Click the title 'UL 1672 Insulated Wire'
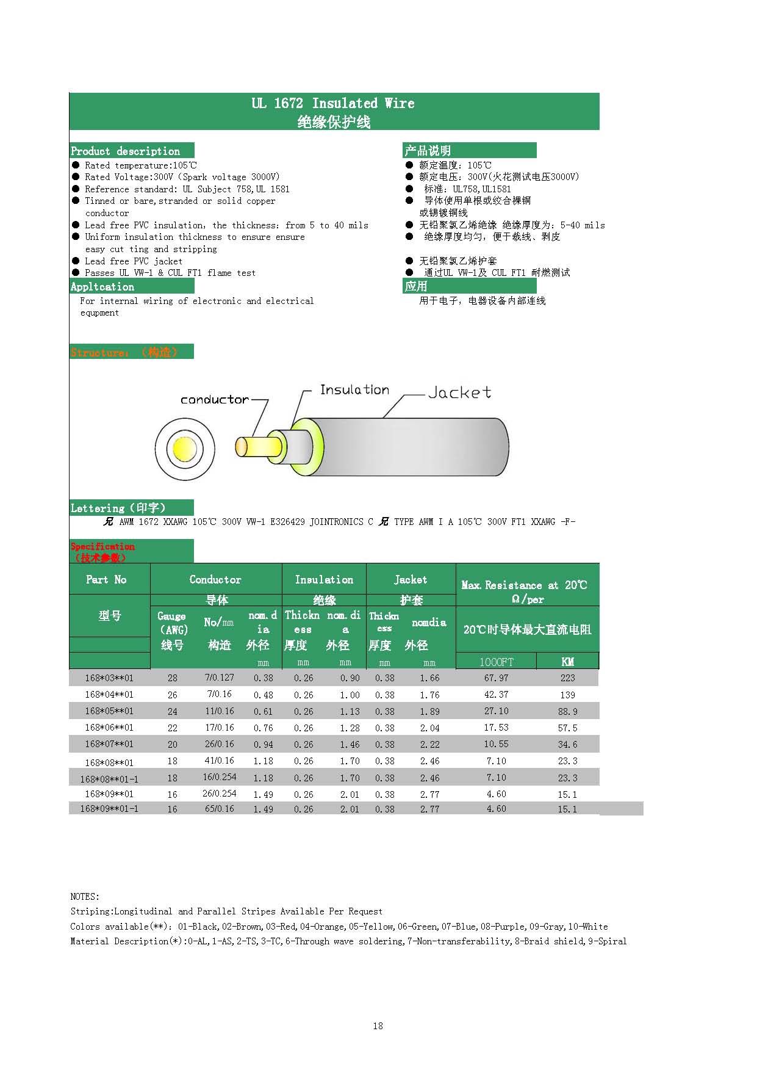333,103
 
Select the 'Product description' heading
126,151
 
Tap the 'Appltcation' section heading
102,286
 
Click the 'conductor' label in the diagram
215,400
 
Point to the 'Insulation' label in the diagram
354,389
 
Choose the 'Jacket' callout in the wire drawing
459,392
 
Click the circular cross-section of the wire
185,449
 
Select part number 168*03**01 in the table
109,678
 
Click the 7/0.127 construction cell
220,678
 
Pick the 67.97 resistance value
496,678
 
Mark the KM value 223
567,678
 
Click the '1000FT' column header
496,662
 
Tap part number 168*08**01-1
109,778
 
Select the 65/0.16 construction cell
220,809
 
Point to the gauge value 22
173,728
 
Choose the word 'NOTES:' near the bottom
85,896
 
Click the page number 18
378,1026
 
